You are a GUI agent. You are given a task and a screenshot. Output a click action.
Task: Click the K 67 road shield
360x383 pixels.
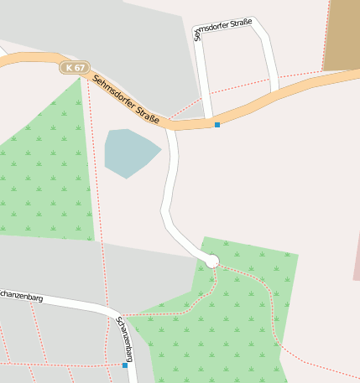pos(74,67)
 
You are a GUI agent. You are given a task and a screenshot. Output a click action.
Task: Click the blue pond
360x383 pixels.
pos(129,152)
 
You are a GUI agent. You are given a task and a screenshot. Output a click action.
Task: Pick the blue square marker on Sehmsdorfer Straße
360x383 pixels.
pos(217,125)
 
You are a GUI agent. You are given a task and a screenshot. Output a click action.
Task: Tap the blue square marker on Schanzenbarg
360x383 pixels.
pos(125,365)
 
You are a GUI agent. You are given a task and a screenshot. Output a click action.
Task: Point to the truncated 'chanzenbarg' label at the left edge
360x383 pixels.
pos(22,296)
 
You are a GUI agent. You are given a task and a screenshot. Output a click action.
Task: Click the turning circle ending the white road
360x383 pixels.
pos(212,261)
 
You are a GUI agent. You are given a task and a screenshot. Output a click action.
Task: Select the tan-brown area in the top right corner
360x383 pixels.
pos(342,34)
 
